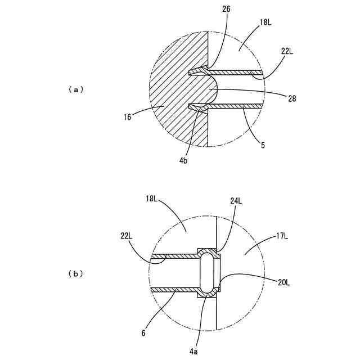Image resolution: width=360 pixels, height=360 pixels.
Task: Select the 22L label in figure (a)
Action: pos(287,51)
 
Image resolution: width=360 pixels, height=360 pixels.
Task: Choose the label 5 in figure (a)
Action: pos(262,145)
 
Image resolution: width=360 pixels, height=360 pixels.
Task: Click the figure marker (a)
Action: pos(75,89)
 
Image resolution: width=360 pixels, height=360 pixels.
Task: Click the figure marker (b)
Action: pos(75,274)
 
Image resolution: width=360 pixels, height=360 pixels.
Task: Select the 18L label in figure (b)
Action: pos(152,199)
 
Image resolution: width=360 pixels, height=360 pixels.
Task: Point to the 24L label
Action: pos(236,200)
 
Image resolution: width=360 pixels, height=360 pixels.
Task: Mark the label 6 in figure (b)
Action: pos(143,333)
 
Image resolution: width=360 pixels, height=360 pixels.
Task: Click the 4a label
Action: pos(193,350)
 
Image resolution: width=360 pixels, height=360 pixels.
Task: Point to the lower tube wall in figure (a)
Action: pos(236,106)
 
